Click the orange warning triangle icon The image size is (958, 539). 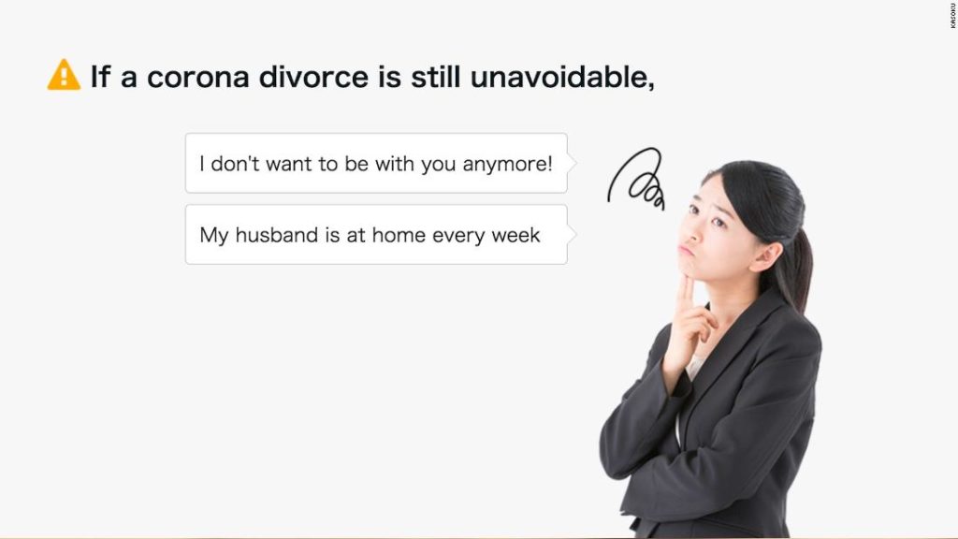(x=64, y=75)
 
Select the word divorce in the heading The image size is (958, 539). (x=313, y=77)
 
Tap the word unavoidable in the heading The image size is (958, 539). (x=561, y=77)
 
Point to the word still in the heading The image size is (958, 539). (x=434, y=76)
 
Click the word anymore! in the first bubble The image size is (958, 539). (x=507, y=165)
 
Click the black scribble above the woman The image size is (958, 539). (x=636, y=179)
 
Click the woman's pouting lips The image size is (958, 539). (x=687, y=250)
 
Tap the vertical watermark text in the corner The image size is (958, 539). (x=952, y=15)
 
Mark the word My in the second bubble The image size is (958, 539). (x=214, y=235)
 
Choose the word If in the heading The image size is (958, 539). (x=101, y=77)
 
